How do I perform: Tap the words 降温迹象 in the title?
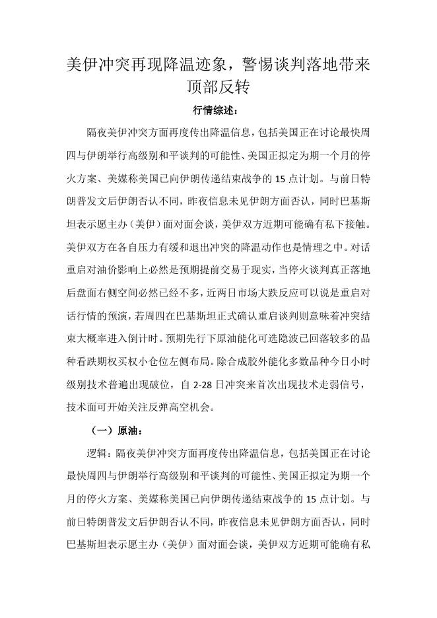192,65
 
